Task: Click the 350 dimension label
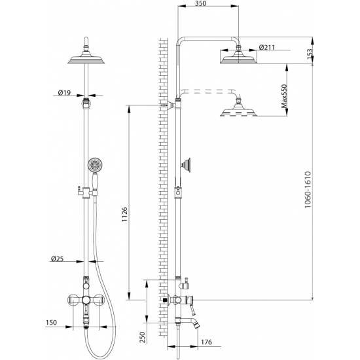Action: point(201,3)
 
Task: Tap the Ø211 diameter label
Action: point(267,48)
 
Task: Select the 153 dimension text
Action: point(310,54)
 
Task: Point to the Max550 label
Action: point(284,96)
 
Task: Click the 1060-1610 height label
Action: point(308,190)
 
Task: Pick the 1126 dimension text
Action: point(124,214)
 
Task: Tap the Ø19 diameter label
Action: point(64,93)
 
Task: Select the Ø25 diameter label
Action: point(57,259)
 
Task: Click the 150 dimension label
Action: point(51,322)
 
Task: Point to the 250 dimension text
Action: point(143,337)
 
